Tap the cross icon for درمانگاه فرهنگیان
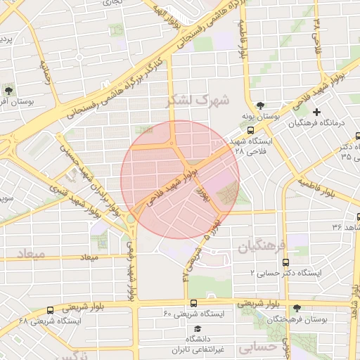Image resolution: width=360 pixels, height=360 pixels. click(316, 112)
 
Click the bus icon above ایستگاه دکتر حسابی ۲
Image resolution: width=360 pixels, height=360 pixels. click(285, 262)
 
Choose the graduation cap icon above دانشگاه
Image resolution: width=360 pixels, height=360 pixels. click(198, 329)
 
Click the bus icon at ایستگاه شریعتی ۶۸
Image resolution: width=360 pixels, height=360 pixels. click(50, 309)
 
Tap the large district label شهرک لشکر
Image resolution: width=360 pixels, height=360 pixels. click(198, 101)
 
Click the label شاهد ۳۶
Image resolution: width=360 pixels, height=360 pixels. click(347, 226)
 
